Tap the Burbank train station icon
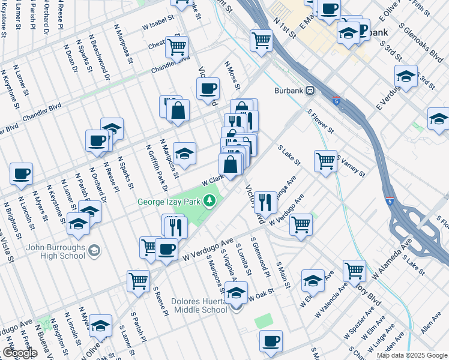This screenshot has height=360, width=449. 310,91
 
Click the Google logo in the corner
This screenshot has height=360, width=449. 20,352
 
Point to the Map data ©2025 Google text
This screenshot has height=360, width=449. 411,355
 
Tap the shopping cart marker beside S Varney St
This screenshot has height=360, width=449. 325,160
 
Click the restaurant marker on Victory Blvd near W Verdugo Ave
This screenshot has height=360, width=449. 265,201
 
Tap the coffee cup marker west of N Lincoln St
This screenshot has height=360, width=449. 21,173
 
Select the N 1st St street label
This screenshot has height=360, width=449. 284,28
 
